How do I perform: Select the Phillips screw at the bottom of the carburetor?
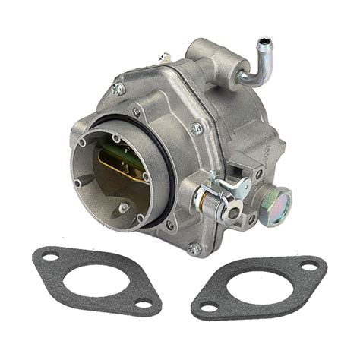[194, 248]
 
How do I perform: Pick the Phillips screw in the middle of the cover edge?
[196, 130]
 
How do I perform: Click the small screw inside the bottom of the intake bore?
[124, 207]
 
